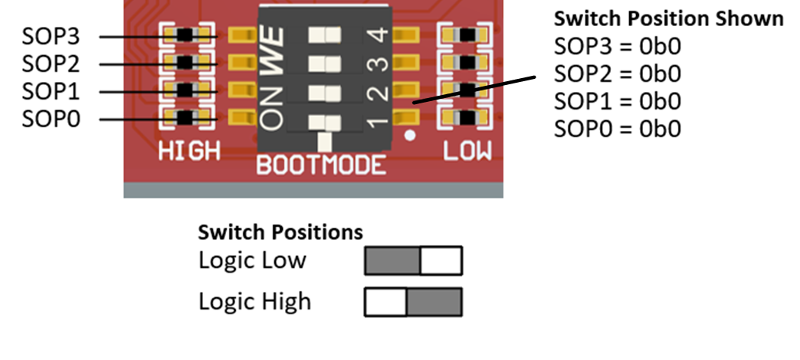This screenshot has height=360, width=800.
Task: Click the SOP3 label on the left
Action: point(51,37)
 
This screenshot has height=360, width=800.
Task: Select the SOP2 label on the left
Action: point(51,64)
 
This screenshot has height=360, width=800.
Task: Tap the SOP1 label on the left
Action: point(51,92)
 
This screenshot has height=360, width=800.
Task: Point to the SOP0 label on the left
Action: point(51,119)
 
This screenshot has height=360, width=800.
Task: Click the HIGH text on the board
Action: point(189,152)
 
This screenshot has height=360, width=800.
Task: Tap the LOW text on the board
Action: point(467,152)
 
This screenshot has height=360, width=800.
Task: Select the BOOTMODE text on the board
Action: point(321,165)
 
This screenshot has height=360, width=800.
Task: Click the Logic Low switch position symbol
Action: point(413,260)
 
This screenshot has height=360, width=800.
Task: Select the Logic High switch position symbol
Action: point(413,301)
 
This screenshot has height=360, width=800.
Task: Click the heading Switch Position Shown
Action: point(668,18)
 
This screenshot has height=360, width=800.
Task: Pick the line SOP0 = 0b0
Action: point(617,129)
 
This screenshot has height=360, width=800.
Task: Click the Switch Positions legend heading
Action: point(280,232)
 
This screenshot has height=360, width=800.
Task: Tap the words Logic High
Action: point(254,301)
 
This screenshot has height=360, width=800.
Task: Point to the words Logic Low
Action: point(252,260)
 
